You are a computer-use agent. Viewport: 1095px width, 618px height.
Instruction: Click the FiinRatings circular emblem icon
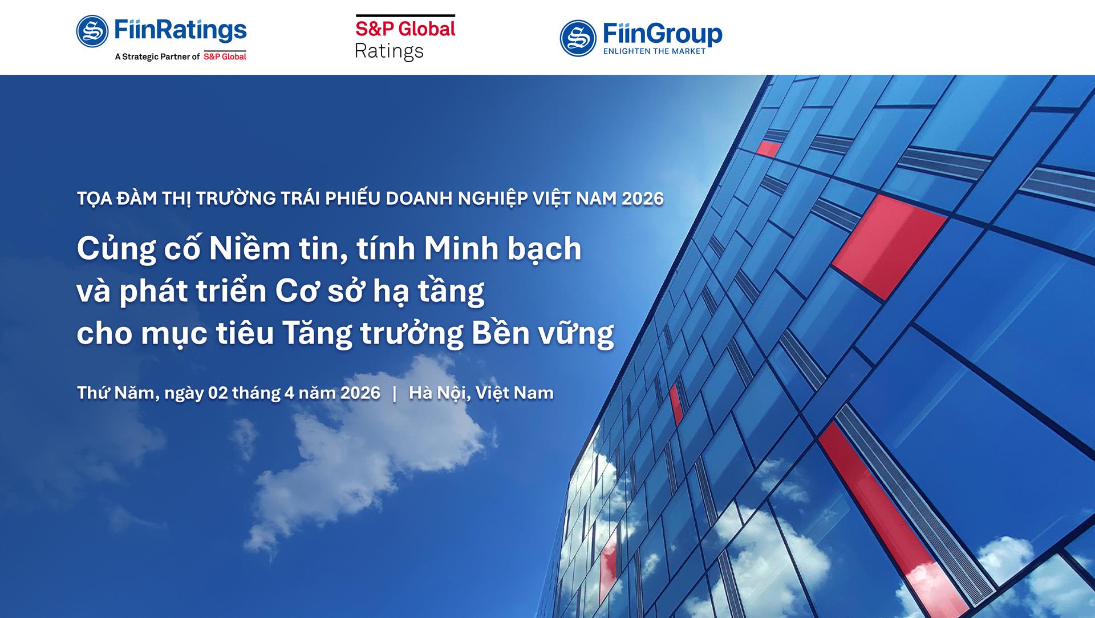[x=92, y=31]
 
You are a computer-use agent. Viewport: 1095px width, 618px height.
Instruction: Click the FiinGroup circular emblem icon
[x=578, y=38]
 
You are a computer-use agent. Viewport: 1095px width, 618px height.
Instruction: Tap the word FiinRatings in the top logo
[x=181, y=30]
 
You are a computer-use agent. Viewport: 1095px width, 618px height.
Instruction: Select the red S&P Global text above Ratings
[x=405, y=29]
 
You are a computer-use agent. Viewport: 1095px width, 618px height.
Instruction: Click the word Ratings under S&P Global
[x=389, y=51]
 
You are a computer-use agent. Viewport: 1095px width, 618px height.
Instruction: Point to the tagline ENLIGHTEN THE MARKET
[x=654, y=51]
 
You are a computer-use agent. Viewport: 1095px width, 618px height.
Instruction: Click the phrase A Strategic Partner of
[x=157, y=56]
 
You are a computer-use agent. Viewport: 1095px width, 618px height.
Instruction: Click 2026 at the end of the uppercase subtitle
[x=643, y=199]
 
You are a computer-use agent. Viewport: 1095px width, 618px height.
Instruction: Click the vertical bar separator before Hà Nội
[x=395, y=393]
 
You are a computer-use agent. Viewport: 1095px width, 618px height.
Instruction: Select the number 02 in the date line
[x=218, y=393]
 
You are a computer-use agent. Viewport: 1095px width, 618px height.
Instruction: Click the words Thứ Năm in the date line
[x=116, y=393]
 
